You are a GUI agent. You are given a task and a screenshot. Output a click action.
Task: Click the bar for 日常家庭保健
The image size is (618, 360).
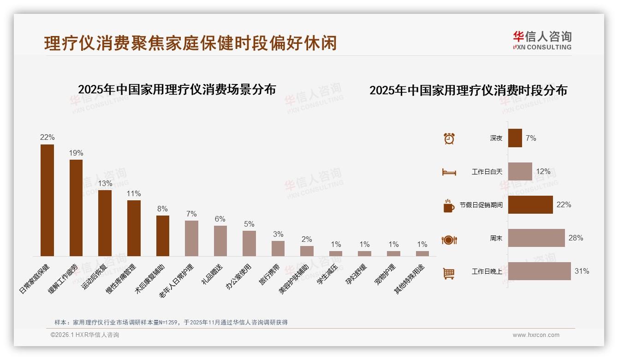[47, 200]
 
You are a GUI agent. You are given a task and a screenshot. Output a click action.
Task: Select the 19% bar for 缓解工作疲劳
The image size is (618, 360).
[76, 208]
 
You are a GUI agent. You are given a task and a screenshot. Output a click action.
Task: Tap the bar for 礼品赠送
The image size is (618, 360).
[220, 240]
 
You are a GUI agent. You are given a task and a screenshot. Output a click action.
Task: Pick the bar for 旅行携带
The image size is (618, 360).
[278, 248]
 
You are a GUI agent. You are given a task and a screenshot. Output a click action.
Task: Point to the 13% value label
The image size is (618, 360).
[105, 183]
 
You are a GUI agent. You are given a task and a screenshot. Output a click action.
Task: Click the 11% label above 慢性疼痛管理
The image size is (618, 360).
[134, 194]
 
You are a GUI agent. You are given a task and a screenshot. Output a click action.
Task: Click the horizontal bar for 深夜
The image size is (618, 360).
[515, 138]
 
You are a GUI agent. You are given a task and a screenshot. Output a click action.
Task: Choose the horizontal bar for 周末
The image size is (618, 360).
[536, 238]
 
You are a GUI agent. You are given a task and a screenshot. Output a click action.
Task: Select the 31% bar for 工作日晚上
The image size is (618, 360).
[540, 271]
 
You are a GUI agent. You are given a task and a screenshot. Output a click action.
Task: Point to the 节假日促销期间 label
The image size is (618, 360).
[481, 205]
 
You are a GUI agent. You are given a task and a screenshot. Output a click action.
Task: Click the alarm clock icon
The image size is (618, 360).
[449, 138]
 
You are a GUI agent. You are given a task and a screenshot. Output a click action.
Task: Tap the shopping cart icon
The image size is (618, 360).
[449, 273]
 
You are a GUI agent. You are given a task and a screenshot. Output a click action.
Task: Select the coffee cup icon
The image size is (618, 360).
[448, 206]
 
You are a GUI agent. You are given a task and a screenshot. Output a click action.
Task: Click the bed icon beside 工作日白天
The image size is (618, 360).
[449, 172]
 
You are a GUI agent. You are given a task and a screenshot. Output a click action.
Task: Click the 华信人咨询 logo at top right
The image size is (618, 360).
[542, 41]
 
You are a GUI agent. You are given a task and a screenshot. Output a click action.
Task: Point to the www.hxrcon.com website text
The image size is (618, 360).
[536, 335]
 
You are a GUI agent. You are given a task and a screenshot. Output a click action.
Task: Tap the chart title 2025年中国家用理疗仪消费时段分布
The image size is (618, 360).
[468, 90]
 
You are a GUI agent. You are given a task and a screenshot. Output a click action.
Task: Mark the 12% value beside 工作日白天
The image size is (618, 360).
[543, 172]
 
